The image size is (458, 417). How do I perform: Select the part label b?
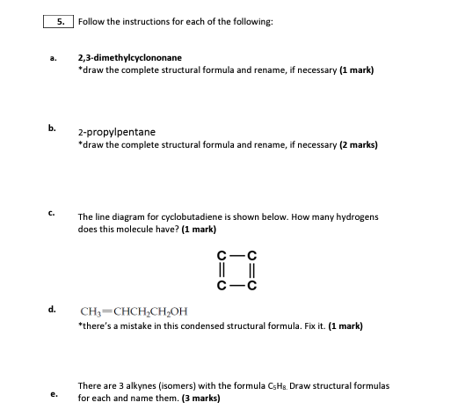(x=52, y=127)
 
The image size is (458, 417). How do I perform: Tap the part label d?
(x=52, y=309)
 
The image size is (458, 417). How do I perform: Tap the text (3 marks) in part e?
(x=200, y=398)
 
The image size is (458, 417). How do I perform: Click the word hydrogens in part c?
(x=355, y=216)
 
